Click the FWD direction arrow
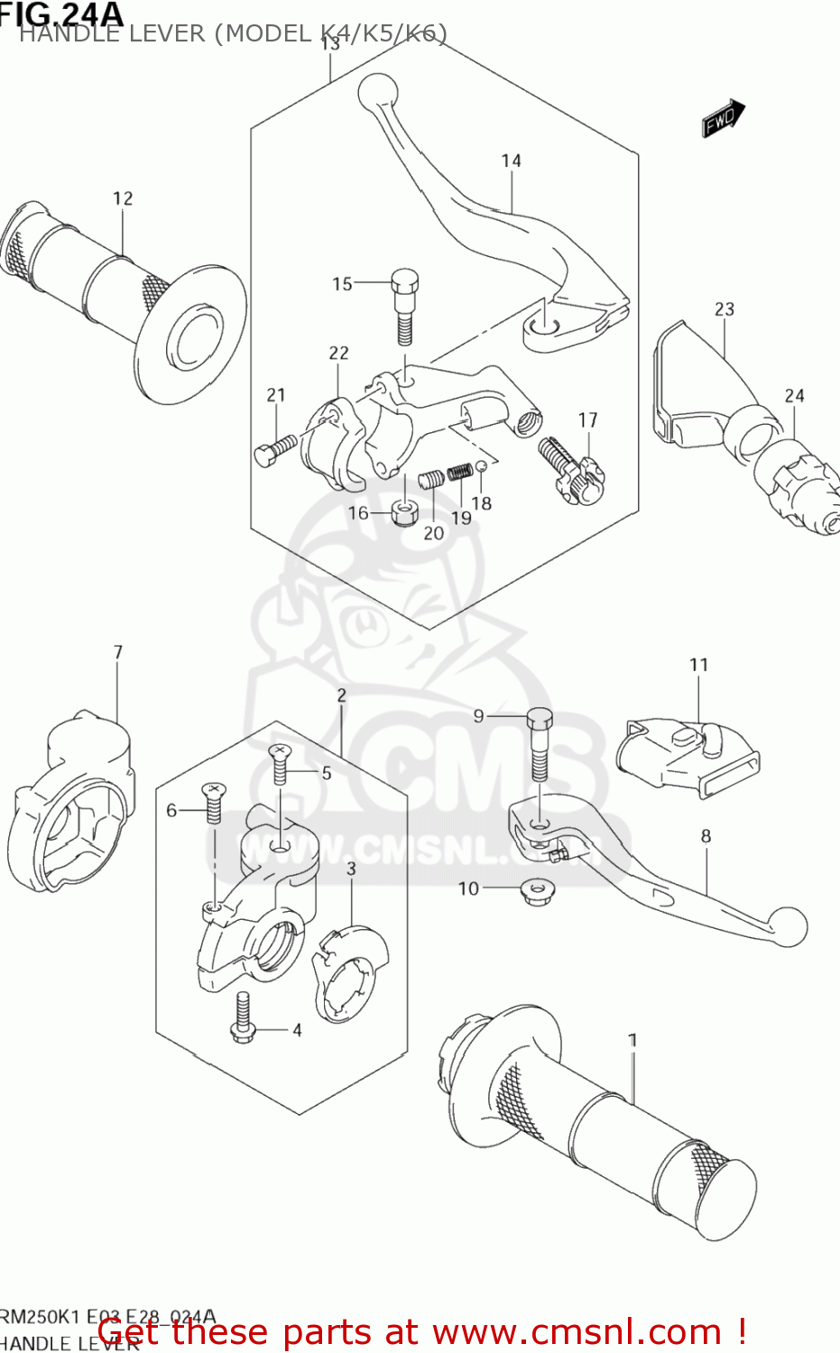point(724,118)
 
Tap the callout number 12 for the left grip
point(123,198)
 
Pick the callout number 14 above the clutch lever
point(512,161)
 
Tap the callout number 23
point(725,309)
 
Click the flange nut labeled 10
point(538,892)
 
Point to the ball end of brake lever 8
point(789,927)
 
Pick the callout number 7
point(118,652)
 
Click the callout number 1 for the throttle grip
point(632,1040)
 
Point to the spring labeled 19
point(461,473)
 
